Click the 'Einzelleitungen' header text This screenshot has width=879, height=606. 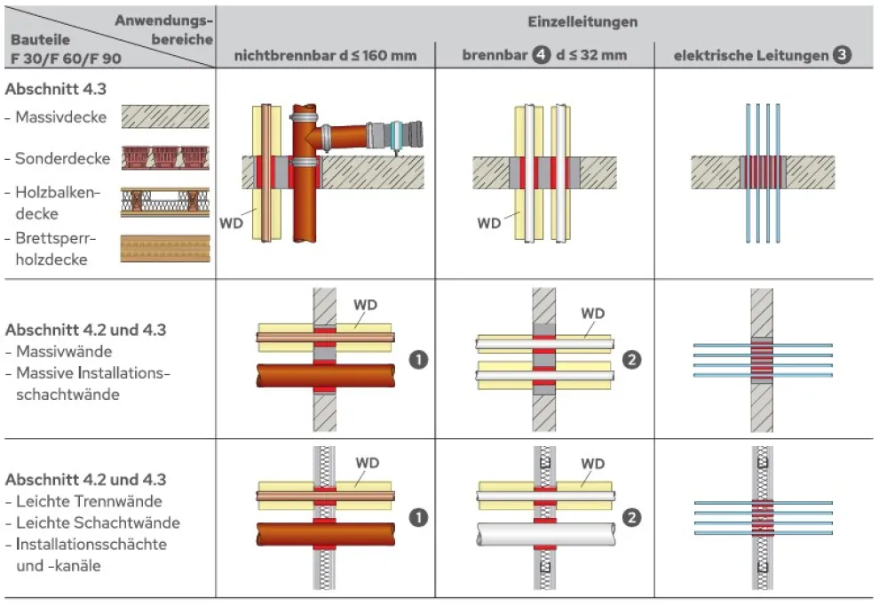[546, 21]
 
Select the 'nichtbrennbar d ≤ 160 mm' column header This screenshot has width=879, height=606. [325, 55]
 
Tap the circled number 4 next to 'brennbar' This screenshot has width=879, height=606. [541, 55]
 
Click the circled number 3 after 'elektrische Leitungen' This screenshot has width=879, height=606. [842, 55]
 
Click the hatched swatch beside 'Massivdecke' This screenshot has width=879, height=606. [164, 117]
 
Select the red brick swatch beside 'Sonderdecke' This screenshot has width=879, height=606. [164, 158]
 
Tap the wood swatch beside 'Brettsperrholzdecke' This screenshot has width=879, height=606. [164, 248]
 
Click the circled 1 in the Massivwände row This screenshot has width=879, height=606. [416, 360]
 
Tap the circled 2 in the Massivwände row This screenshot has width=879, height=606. [631, 360]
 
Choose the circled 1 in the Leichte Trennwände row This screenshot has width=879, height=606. [416, 516]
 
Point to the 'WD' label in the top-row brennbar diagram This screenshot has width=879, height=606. [488, 223]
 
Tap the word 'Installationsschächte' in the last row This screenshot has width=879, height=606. [91, 544]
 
